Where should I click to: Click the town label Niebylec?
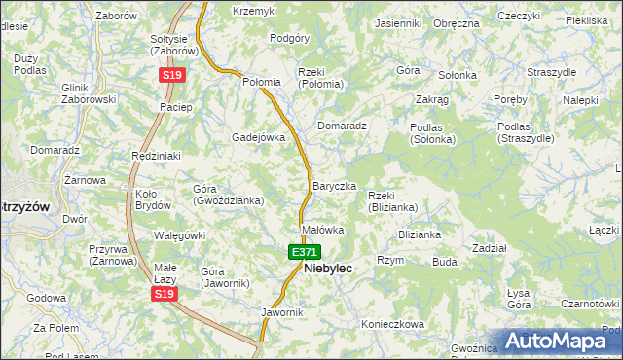(328, 268)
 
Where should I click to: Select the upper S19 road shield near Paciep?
(172, 74)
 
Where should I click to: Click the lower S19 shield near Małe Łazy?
(165, 294)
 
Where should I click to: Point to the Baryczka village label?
(334, 186)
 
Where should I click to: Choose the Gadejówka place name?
(258, 137)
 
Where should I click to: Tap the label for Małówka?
(323, 231)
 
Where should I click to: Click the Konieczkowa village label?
(393, 324)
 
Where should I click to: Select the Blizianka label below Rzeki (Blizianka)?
(420, 234)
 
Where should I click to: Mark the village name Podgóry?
(288, 38)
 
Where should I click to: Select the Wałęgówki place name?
(179, 235)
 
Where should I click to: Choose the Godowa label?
(46, 298)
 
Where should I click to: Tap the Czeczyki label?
(518, 17)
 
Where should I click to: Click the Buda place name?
(445, 262)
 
